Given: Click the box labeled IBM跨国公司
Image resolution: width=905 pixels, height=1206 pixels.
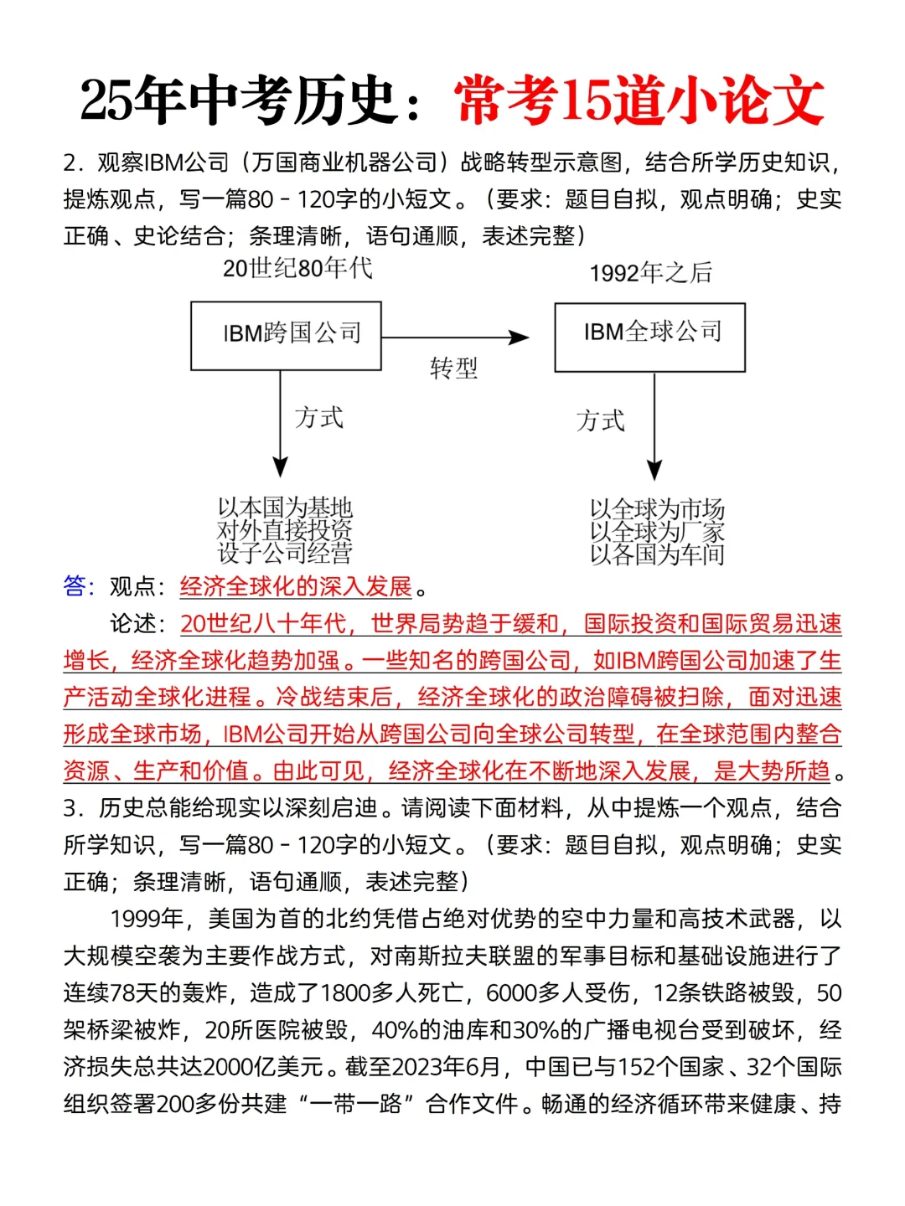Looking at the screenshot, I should tap(286, 335).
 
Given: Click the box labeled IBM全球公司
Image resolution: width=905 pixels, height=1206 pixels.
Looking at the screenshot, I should tap(649, 337).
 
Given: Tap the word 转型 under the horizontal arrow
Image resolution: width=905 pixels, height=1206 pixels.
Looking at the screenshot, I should tap(453, 368).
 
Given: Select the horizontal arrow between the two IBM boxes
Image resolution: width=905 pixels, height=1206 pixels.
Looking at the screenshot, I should tap(455, 338).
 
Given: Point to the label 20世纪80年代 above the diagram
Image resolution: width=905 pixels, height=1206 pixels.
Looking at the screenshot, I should tap(297, 268).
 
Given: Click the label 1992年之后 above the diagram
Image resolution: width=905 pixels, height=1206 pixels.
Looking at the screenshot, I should tap(650, 272).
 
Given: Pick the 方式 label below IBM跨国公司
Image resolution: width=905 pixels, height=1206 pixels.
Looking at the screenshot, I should tap(319, 417).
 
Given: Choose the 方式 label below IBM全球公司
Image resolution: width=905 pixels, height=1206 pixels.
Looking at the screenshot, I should tap(600, 420).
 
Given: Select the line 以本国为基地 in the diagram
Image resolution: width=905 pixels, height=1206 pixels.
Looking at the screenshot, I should tap(285, 508).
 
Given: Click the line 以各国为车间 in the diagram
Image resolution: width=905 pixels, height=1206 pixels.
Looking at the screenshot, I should tap(657, 554).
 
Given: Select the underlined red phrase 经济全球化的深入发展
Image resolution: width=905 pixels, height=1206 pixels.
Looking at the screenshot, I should tap(296, 586).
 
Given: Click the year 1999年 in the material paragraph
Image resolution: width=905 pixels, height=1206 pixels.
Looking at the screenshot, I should tap(147, 919).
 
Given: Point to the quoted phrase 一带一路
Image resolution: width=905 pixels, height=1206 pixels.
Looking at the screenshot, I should tap(356, 1103).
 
